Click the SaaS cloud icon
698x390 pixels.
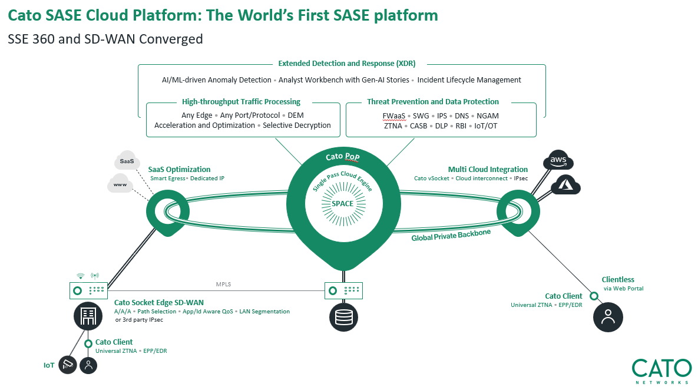(x=127, y=161)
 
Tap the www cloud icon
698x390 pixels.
(x=120, y=183)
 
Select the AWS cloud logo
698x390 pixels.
(x=558, y=160)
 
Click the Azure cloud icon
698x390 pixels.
(x=566, y=184)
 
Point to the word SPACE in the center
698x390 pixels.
(x=343, y=203)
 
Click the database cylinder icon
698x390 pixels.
(x=343, y=318)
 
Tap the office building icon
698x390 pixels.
(x=88, y=316)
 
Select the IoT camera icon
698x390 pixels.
(x=68, y=365)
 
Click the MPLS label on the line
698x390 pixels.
(x=223, y=284)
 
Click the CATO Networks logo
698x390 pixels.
(x=662, y=371)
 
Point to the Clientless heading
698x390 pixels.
(x=618, y=280)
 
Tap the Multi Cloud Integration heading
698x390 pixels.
(x=488, y=169)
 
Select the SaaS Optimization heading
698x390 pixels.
(x=180, y=169)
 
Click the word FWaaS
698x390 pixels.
(x=394, y=115)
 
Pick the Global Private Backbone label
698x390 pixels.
(x=451, y=234)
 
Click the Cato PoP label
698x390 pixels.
(x=343, y=156)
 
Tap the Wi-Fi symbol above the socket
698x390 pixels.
(x=80, y=276)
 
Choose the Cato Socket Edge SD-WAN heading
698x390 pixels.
(x=159, y=303)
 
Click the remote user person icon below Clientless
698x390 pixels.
(x=608, y=317)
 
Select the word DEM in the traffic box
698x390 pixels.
(x=296, y=115)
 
